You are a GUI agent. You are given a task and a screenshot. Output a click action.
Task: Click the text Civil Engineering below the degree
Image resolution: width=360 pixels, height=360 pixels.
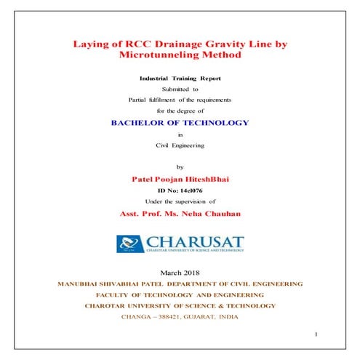point(180,145)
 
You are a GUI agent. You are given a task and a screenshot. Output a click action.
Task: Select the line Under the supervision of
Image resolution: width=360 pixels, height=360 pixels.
point(180,200)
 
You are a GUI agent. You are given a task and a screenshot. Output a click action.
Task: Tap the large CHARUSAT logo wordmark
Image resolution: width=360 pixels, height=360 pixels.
point(195,241)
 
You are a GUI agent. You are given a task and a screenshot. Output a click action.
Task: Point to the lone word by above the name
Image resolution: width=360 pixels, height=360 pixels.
point(180,167)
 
